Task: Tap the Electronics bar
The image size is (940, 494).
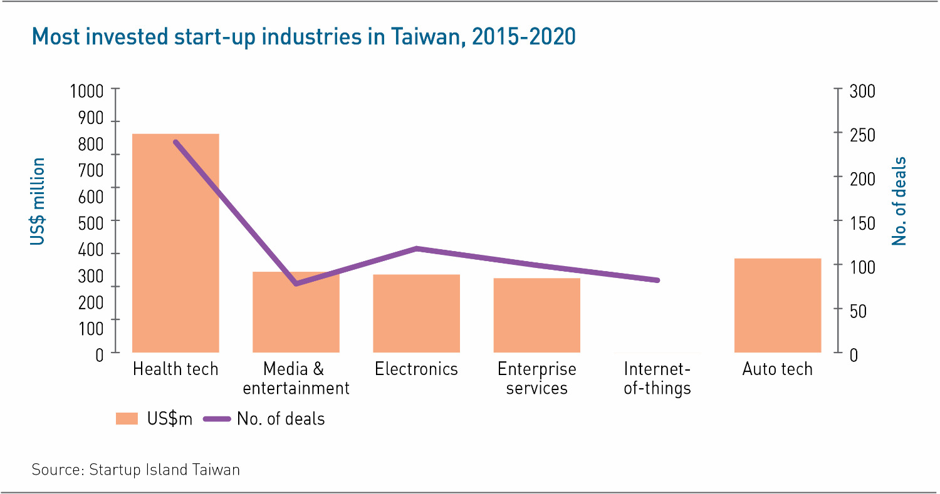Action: [416, 313]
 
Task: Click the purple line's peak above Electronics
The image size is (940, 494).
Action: [416, 249]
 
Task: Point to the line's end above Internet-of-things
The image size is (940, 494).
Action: [657, 280]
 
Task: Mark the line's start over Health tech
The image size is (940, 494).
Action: [175, 142]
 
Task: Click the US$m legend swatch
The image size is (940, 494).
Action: [126, 419]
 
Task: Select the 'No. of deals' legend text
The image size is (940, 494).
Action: [281, 419]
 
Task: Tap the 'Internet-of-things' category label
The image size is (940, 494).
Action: [657, 378]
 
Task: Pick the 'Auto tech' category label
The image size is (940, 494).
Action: [777, 369]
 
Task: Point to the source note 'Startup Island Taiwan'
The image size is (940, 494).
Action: [165, 469]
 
